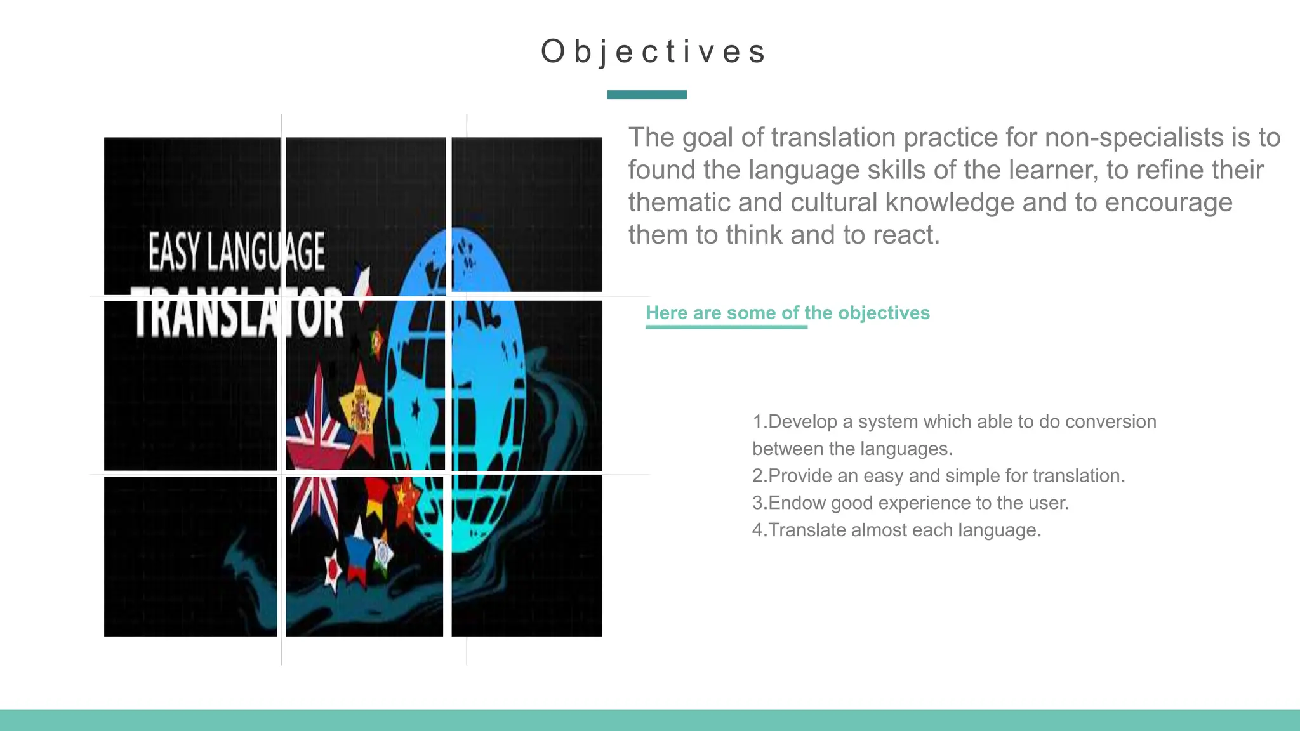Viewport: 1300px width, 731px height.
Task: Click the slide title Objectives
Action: [654, 52]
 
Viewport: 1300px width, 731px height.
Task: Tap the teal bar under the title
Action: [647, 95]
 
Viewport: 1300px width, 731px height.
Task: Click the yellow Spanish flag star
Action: [361, 409]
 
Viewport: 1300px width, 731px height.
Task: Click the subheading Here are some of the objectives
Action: [787, 313]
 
